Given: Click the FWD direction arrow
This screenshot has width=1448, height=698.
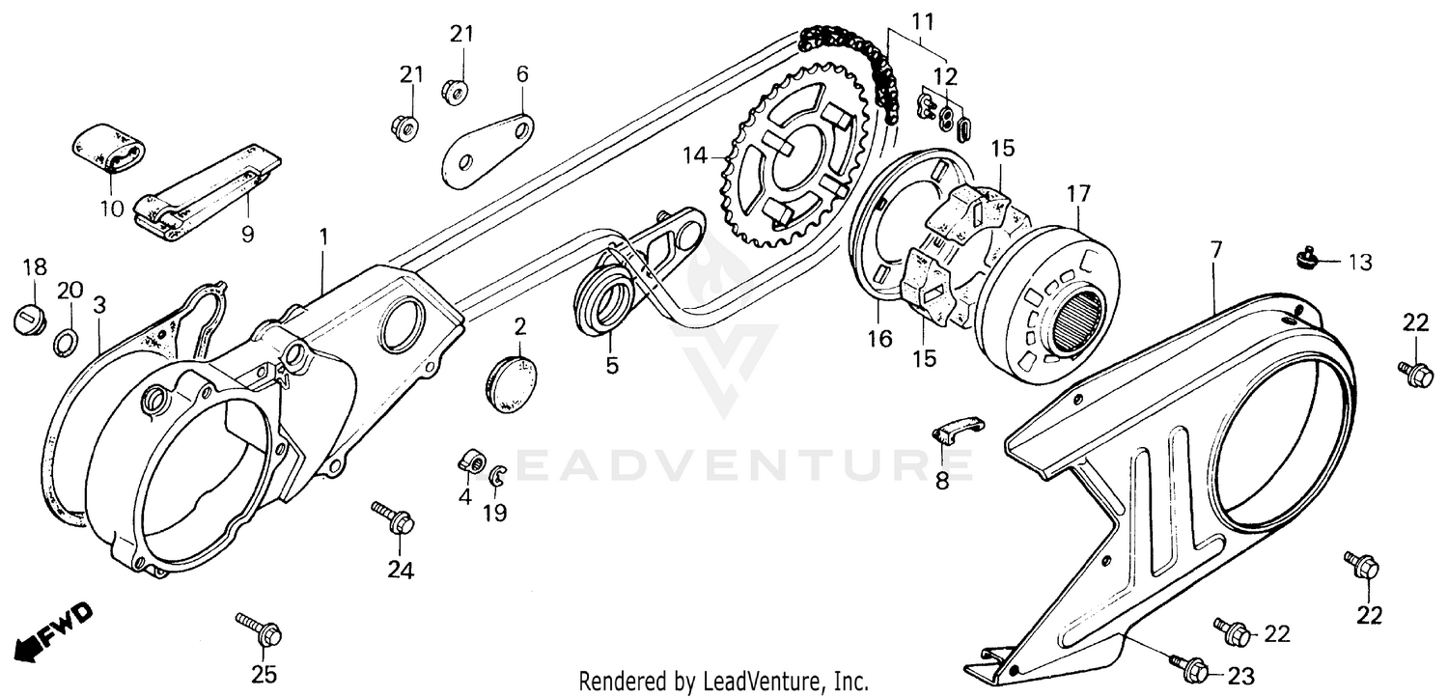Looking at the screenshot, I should [54, 633].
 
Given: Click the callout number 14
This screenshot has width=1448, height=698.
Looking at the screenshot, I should [695, 154].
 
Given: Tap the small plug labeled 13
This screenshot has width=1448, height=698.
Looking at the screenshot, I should [1305, 258].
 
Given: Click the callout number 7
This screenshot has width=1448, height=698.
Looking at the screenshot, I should [1215, 250].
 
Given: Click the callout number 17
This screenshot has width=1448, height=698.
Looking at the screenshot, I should [1077, 194].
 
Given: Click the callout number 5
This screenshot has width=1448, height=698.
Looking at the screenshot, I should [612, 366].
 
